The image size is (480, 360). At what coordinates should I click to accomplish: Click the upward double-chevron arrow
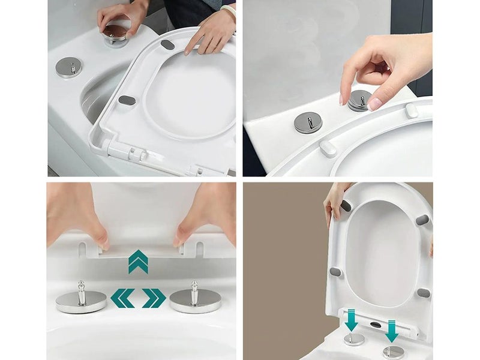[x=138, y=262]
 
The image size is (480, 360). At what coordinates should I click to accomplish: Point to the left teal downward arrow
[x=352, y=319]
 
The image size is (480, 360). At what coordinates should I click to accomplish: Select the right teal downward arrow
[x=392, y=331]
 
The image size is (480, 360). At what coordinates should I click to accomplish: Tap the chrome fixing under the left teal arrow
[x=353, y=339]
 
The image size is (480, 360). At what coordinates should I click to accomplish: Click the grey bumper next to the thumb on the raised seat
[x=346, y=206]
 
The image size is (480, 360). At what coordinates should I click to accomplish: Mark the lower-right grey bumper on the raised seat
[x=424, y=293]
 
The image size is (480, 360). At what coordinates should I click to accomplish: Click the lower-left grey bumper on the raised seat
[x=336, y=272]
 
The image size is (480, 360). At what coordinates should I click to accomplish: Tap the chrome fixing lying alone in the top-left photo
[x=68, y=67]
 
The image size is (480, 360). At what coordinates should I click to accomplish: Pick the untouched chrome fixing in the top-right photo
[x=308, y=122]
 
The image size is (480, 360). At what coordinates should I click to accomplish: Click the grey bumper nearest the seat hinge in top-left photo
[x=126, y=100]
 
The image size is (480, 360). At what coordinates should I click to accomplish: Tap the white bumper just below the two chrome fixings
[x=328, y=148]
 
